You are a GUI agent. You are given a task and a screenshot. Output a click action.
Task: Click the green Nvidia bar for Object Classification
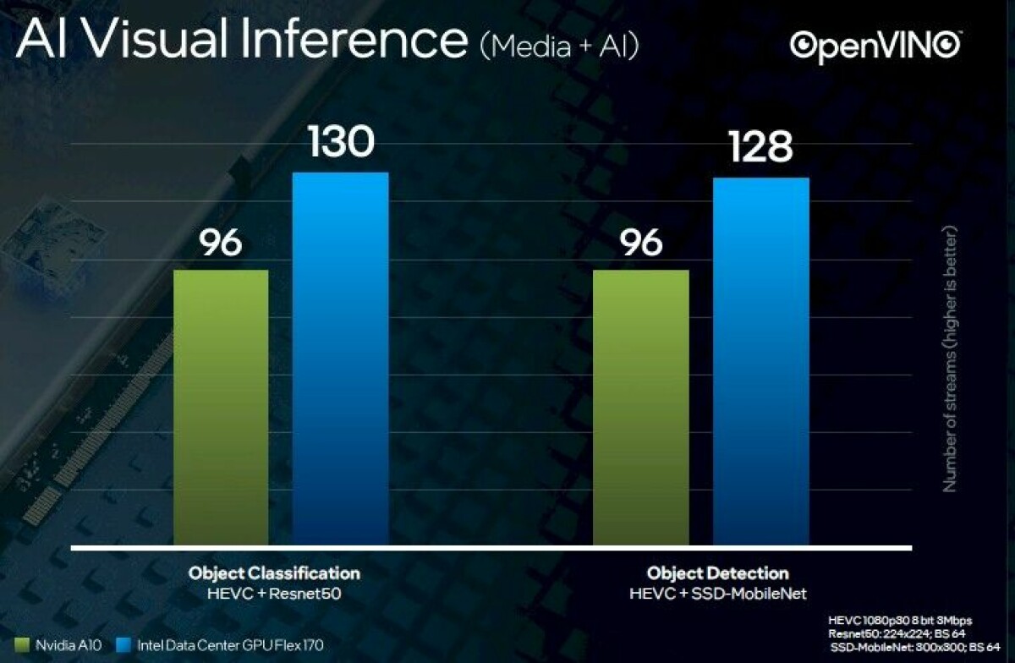221,407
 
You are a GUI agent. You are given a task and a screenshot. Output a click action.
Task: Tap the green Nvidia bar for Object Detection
640,407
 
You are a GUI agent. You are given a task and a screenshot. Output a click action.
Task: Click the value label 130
341,141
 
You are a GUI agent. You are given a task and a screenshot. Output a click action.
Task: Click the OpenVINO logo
875,46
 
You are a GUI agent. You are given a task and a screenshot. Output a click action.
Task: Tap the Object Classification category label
273,573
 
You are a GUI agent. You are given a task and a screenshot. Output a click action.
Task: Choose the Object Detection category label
717,573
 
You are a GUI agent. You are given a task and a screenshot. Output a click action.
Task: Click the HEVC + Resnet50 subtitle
273,594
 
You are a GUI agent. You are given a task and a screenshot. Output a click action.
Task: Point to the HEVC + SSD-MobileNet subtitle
718,594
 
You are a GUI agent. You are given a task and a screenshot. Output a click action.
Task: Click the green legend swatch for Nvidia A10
22,646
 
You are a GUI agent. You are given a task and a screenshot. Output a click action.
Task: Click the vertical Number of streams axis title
949,359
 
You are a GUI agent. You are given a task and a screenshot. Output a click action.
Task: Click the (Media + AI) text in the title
559,45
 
